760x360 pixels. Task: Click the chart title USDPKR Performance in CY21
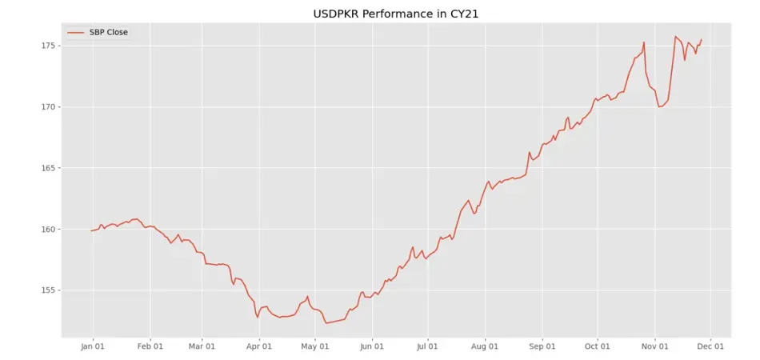coord(379,14)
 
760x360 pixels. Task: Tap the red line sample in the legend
coord(76,32)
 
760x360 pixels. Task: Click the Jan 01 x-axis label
coord(94,346)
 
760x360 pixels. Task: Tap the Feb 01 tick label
coord(150,346)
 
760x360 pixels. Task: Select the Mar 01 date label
coord(202,346)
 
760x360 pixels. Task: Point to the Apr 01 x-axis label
coord(258,346)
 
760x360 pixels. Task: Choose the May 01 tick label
coord(315,346)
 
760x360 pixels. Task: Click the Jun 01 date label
coord(372,346)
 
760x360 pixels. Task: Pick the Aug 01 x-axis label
coord(485,346)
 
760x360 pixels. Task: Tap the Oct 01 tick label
coord(597,346)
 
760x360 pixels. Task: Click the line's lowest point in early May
coord(326,323)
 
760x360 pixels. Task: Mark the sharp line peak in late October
coord(643,42)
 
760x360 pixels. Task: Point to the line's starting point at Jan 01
coord(92,230)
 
